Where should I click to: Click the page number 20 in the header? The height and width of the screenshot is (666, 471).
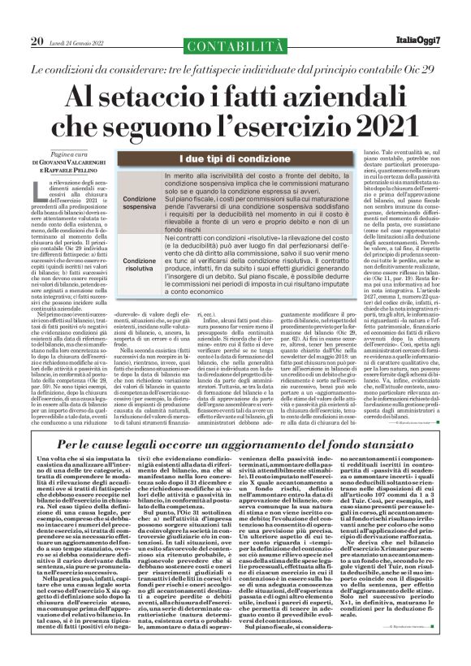37,41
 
